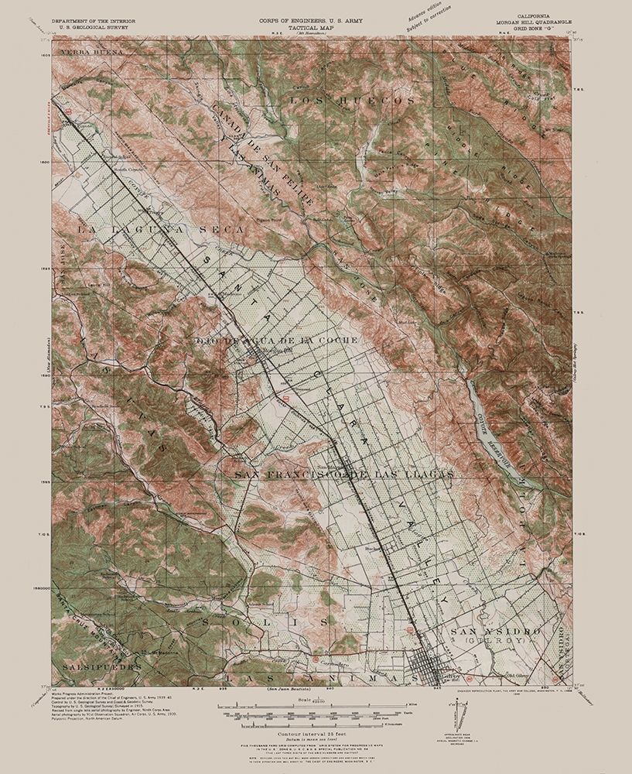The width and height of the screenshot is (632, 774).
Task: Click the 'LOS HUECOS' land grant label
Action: tap(340, 101)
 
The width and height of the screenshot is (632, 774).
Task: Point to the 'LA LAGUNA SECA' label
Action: tap(160, 231)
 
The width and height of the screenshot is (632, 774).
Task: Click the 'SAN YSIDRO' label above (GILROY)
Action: tap(492, 632)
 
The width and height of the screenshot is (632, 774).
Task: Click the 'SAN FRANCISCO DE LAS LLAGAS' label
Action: tap(343, 473)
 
